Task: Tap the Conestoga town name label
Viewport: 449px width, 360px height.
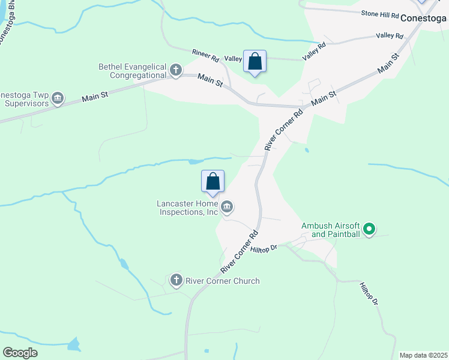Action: pyautogui.click(x=424, y=17)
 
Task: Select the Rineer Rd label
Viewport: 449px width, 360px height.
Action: pyautogui.click(x=205, y=55)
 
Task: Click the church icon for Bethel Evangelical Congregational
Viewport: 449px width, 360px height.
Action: pyautogui.click(x=176, y=71)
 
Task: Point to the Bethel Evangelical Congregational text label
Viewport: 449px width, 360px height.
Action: pyautogui.click(x=132, y=71)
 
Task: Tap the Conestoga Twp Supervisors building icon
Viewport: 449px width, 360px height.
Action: pyautogui.click(x=58, y=98)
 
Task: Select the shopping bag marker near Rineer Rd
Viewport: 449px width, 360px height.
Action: pyautogui.click(x=255, y=62)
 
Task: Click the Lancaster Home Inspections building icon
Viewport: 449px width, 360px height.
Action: pyautogui.click(x=227, y=208)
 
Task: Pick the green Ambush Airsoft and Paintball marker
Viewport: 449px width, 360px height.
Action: pyautogui.click(x=370, y=229)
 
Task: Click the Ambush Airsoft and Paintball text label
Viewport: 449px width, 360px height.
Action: pyautogui.click(x=331, y=230)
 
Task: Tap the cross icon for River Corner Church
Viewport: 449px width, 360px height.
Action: pyautogui.click(x=176, y=280)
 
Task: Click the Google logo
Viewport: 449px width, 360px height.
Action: pyautogui.click(x=20, y=353)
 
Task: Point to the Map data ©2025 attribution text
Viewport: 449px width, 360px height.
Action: pyautogui.click(x=423, y=355)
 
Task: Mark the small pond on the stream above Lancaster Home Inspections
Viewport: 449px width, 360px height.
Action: pyautogui.click(x=195, y=161)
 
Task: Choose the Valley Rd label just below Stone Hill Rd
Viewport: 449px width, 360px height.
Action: pyautogui.click(x=389, y=36)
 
